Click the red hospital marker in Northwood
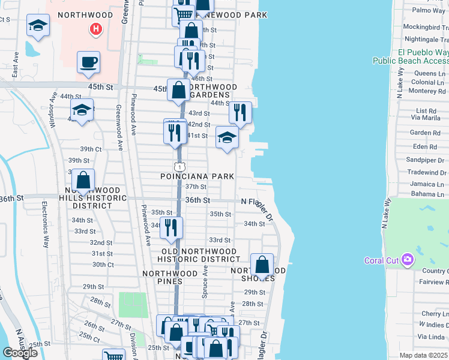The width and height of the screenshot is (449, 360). tap(95, 28)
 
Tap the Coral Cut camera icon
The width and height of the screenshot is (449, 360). tap(408, 260)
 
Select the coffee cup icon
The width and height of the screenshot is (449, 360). tap(88, 62)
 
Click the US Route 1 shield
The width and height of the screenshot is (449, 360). tap(179, 165)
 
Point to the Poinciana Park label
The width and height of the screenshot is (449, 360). tap(197, 176)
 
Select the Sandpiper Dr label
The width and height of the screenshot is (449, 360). tap(421, 160)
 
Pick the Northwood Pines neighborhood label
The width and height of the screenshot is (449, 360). tap(170, 277)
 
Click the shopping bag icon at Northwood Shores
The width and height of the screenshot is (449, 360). tap(262, 265)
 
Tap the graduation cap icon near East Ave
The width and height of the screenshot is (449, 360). tap(38, 26)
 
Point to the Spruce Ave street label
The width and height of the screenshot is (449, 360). tap(205, 279)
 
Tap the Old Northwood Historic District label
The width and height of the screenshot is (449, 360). tap(199, 255)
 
